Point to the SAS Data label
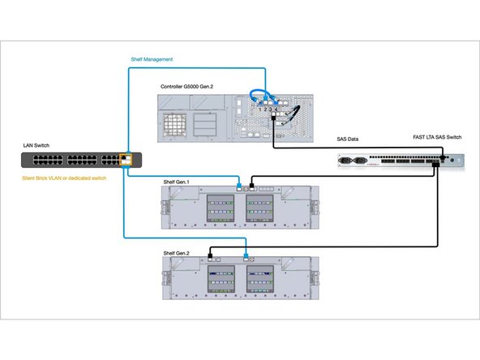tap(350, 139)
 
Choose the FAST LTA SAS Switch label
tap(432, 139)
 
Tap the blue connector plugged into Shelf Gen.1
tap(239, 186)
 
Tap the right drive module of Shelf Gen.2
tap(262, 280)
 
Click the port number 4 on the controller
tap(276, 109)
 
